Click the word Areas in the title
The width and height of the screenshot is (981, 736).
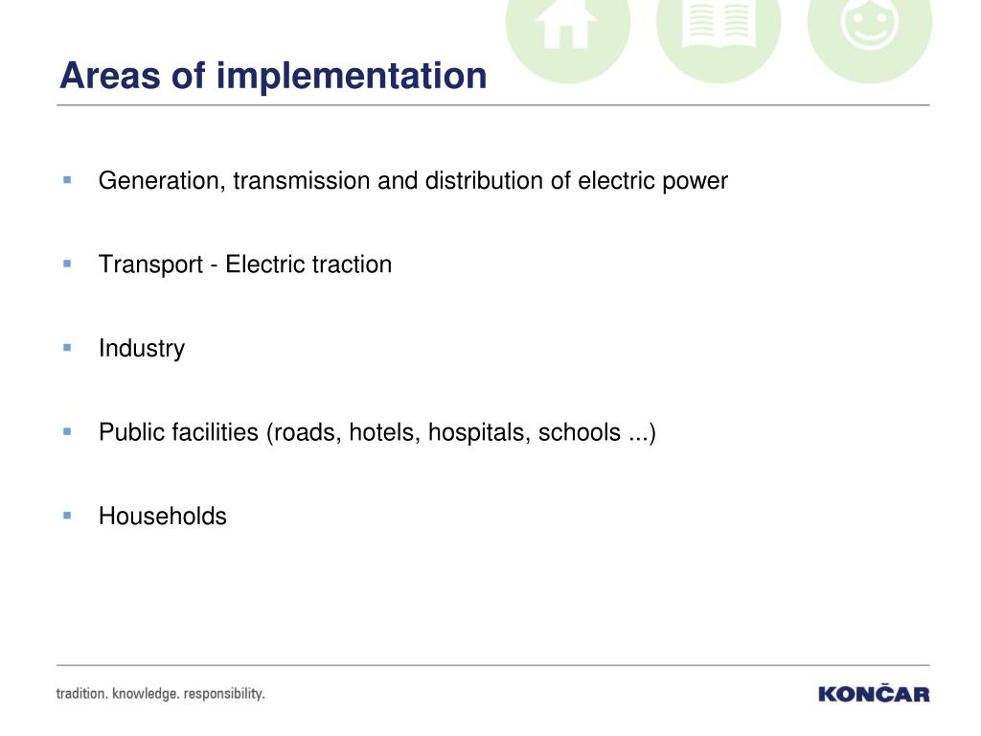click(110, 76)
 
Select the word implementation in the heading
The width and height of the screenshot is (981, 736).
click(351, 78)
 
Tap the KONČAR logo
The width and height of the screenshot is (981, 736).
click(874, 693)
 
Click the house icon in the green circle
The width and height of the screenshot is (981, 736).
click(566, 24)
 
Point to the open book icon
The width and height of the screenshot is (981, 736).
click(719, 24)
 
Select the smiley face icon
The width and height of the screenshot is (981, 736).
click(870, 23)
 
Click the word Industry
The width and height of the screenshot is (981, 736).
click(142, 349)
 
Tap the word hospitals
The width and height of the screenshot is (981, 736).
click(479, 433)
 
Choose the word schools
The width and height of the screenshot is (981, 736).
click(580, 432)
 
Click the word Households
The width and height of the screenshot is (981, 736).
click(163, 517)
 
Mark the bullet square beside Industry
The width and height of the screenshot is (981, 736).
click(68, 347)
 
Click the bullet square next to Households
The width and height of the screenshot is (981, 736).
click(68, 515)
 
